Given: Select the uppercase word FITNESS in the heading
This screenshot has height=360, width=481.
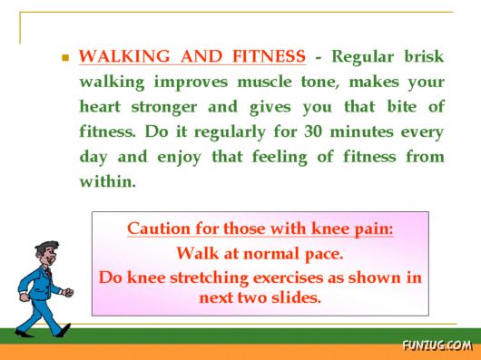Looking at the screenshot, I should (x=268, y=57).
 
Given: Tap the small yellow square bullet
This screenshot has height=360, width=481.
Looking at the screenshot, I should (x=65, y=57).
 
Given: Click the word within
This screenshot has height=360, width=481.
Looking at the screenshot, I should (x=107, y=181).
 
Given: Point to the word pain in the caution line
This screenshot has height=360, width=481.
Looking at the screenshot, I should (x=372, y=229).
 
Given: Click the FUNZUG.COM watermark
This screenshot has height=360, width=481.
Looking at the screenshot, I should (x=437, y=345).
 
